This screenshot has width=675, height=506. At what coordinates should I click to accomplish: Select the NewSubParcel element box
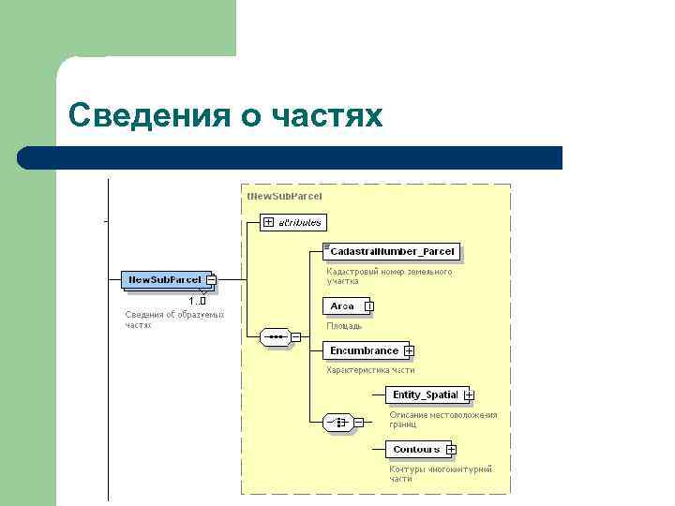(x=164, y=279)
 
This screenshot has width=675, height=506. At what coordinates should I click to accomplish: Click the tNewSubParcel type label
(x=284, y=196)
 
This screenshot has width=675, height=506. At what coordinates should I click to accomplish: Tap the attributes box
(x=292, y=222)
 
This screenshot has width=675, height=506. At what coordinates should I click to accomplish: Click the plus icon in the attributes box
(x=268, y=222)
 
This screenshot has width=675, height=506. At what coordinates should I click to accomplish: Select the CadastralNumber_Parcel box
(x=392, y=251)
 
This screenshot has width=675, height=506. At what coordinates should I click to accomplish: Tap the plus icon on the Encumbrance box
(x=409, y=351)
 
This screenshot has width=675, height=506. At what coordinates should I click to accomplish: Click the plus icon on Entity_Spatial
(x=469, y=395)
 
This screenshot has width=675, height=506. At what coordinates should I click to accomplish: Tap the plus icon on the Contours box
(x=451, y=450)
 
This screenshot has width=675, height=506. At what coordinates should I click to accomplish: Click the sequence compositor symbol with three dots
(x=275, y=336)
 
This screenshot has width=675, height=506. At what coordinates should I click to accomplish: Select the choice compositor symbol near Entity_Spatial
(x=337, y=423)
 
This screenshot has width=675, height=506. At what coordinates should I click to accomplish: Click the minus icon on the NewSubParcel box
(x=211, y=280)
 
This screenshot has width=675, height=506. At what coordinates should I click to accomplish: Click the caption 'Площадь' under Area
(x=344, y=326)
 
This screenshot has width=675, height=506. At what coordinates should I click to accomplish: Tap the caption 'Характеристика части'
(x=370, y=370)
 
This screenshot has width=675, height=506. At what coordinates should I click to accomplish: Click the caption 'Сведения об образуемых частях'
(x=174, y=320)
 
